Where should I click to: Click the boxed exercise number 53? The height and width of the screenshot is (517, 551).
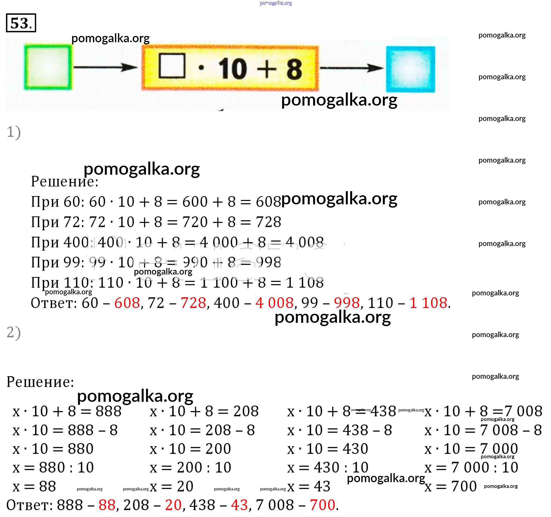point(21,23)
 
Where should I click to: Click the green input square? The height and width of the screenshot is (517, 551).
point(48,67)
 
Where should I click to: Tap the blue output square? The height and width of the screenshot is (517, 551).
point(411,69)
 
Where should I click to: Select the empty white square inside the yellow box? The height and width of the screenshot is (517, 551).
point(172,65)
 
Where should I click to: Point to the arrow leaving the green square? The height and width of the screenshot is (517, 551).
point(105,67)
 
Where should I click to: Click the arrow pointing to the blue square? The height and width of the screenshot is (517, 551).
point(352,67)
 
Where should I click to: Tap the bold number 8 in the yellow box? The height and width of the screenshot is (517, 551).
point(294,69)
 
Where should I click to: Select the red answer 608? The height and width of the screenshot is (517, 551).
point(127,303)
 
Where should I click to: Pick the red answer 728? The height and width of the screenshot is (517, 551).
point(193,303)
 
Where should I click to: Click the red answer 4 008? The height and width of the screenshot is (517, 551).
point(274,303)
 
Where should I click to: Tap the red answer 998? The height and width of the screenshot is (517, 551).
point(347,303)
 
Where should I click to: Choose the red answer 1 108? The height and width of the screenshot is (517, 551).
point(428,303)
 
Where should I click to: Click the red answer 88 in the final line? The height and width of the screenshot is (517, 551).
point(107,505)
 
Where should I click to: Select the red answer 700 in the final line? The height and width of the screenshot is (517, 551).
point(322,505)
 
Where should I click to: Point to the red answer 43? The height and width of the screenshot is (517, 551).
point(239,505)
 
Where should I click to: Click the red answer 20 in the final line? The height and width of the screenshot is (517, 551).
point(173,505)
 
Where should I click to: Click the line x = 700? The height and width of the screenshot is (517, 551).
point(450,486)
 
